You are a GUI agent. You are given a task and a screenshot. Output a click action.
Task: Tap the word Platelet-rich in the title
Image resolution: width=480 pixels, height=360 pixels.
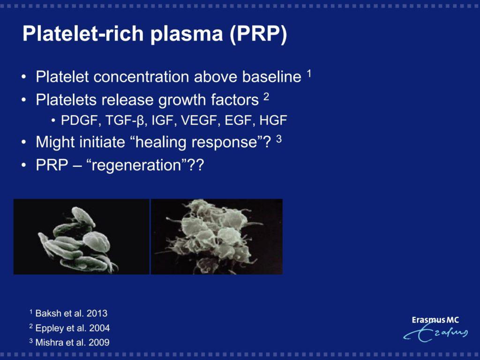click(x=83, y=33)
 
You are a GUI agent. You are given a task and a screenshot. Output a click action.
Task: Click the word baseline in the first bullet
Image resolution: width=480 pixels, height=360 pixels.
click(x=272, y=76)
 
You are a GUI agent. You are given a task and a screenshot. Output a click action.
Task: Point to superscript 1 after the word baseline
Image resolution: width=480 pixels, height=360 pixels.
click(x=309, y=74)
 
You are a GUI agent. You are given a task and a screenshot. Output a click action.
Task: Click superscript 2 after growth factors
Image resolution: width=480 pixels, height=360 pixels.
click(x=266, y=97)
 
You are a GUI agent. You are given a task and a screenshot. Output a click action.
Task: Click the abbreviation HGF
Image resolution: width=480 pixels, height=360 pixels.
click(x=273, y=120)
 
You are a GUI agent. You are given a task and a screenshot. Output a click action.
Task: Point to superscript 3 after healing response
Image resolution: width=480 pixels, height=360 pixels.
click(x=279, y=139)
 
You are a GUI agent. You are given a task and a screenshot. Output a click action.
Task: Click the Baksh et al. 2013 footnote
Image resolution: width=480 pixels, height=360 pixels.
click(x=68, y=313)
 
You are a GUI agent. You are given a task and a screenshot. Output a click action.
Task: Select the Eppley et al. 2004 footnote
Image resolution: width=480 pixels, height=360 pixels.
click(x=69, y=328)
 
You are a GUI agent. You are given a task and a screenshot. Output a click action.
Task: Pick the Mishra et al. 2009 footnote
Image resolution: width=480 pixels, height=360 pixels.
click(x=69, y=342)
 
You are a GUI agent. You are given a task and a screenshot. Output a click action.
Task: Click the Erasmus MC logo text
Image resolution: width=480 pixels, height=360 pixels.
click(x=435, y=320)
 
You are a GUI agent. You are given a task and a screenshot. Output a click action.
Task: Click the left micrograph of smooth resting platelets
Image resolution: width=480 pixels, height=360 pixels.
click(x=82, y=237)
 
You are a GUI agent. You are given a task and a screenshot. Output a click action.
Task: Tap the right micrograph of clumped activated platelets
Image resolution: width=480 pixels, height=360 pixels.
click(x=217, y=237)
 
